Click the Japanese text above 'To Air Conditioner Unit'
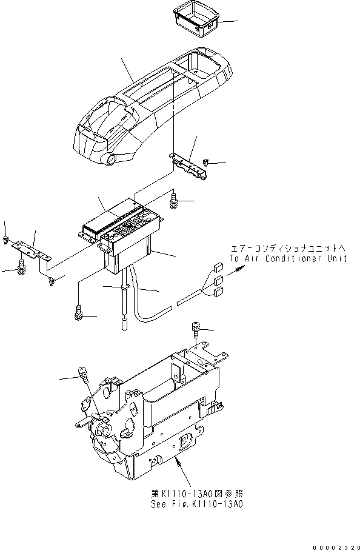tap(287, 248)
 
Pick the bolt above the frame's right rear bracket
tap(196, 328)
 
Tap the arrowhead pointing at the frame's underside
tap(177, 462)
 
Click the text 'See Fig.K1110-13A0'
tap(191, 504)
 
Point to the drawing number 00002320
tap(336, 545)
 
